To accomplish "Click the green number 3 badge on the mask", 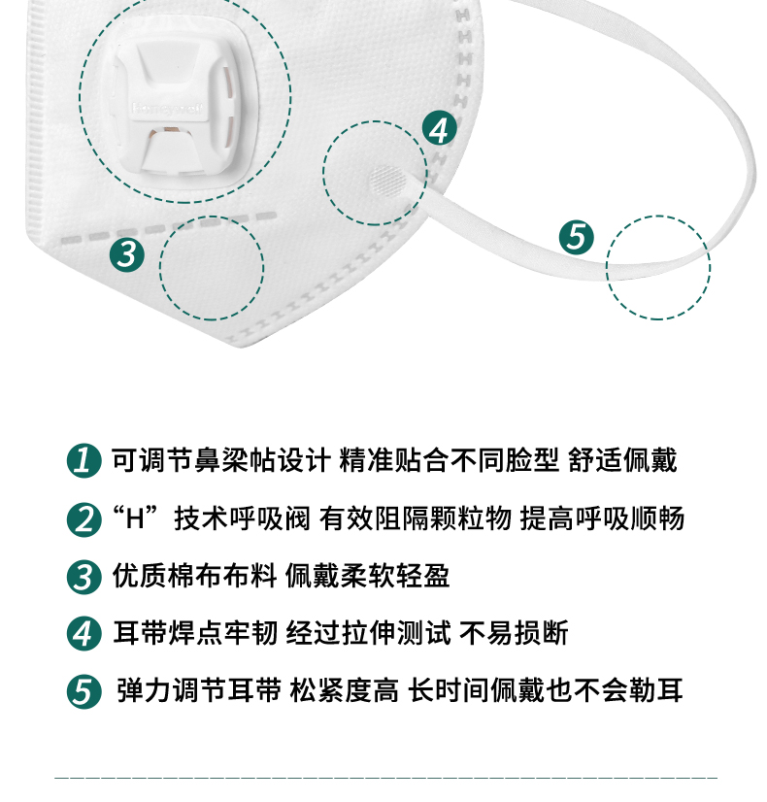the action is pyautogui.click(x=127, y=254).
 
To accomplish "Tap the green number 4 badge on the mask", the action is pyautogui.click(x=440, y=129).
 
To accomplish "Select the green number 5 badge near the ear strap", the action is pyautogui.click(x=577, y=237).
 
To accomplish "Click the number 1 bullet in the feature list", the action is pyautogui.click(x=83, y=460).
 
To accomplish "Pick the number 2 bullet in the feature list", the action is pyautogui.click(x=83, y=519).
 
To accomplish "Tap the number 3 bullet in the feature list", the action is pyautogui.click(x=83, y=577).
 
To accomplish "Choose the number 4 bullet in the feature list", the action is pyautogui.click(x=83, y=633).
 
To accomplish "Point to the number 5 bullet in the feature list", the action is pyautogui.click(x=83, y=691).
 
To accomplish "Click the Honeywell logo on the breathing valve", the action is pyautogui.click(x=168, y=109).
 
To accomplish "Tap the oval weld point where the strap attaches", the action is pyautogui.click(x=387, y=181).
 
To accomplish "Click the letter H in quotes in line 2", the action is pyautogui.click(x=135, y=518).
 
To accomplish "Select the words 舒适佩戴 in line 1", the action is pyautogui.click(x=622, y=460).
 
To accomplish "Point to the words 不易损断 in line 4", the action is pyautogui.click(x=514, y=633).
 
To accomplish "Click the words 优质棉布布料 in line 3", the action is pyautogui.click(x=195, y=576).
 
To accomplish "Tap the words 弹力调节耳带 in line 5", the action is pyautogui.click(x=199, y=690).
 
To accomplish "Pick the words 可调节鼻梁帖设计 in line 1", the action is pyautogui.click(x=221, y=460).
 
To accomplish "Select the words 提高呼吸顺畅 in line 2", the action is pyautogui.click(x=602, y=518).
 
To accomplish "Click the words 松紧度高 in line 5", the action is pyautogui.click(x=344, y=690).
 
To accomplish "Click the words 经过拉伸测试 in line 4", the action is pyautogui.click(x=369, y=633).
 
